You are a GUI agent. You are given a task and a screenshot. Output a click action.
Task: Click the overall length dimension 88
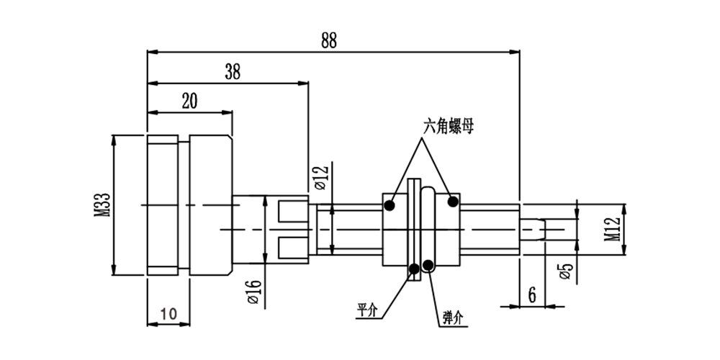click(x=328, y=40)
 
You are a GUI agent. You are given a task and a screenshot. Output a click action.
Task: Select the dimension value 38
click(x=232, y=71)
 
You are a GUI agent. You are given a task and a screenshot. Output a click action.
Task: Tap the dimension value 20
click(x=189, y=101)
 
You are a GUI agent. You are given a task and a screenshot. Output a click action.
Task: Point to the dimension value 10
click(x=168, y=313)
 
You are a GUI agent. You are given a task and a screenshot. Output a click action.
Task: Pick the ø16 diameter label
click(x=253, y=292)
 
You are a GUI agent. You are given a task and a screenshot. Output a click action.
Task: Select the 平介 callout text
click(x=367, y=311)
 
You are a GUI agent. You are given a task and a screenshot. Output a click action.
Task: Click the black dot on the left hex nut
click(x=390, y=205)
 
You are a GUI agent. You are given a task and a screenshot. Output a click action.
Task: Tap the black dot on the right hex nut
click(x=453, y=202)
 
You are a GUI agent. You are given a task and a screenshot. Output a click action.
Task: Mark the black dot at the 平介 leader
click(x=414, y=269)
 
